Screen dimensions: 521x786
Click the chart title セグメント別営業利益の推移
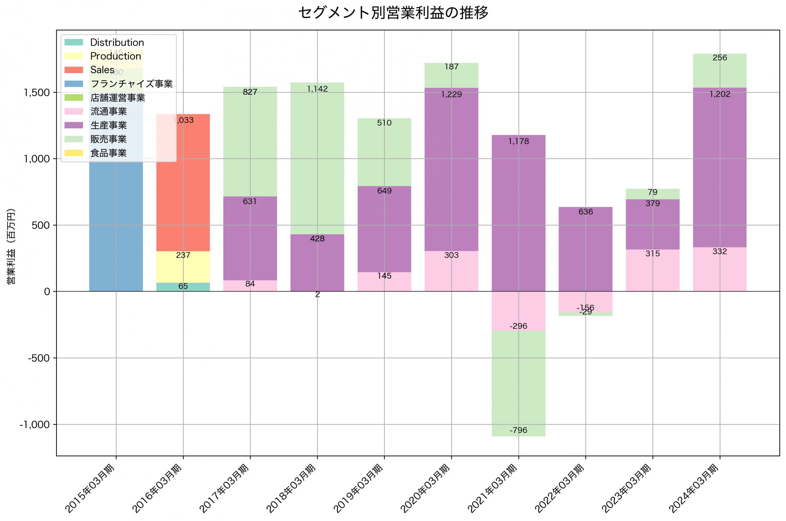click(393, 13)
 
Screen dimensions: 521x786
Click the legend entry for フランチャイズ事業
click(131, 84)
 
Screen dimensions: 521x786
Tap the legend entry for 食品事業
click(108, 153)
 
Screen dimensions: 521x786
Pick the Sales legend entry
click(102, 70)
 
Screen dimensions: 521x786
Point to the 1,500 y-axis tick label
click(37, 93)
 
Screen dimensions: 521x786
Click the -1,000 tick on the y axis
click(35, 425)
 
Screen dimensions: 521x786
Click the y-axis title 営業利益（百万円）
click(11, 246)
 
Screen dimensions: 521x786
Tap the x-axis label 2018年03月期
click(291, 488)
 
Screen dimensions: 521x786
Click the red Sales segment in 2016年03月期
click(183, 186)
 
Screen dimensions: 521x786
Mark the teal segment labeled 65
click(183, 287)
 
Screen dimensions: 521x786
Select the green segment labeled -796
click(518, 382)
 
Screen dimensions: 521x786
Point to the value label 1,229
click(451, 95)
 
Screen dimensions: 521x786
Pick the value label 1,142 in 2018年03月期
click(317, 89)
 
